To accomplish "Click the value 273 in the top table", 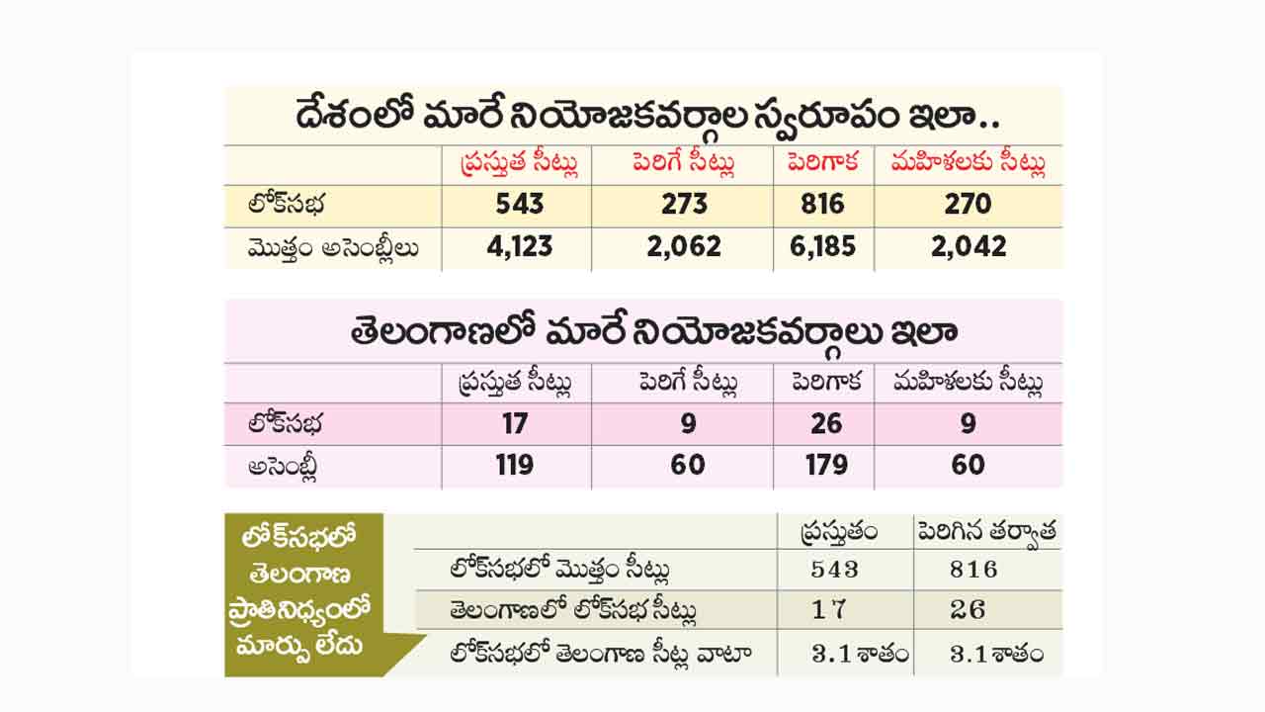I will [684, 204].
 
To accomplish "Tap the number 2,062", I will [684, 246].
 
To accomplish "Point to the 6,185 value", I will [822, 246].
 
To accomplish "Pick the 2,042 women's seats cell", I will [968, 246].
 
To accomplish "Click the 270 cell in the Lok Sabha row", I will [968, 204].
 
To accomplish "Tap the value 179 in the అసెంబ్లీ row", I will [826, 465].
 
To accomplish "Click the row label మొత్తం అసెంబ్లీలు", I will [334, 247].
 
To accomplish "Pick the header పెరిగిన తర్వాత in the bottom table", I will [987, 532].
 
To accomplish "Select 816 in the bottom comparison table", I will [972, 570].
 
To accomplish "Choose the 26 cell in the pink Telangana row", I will [826, 424].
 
